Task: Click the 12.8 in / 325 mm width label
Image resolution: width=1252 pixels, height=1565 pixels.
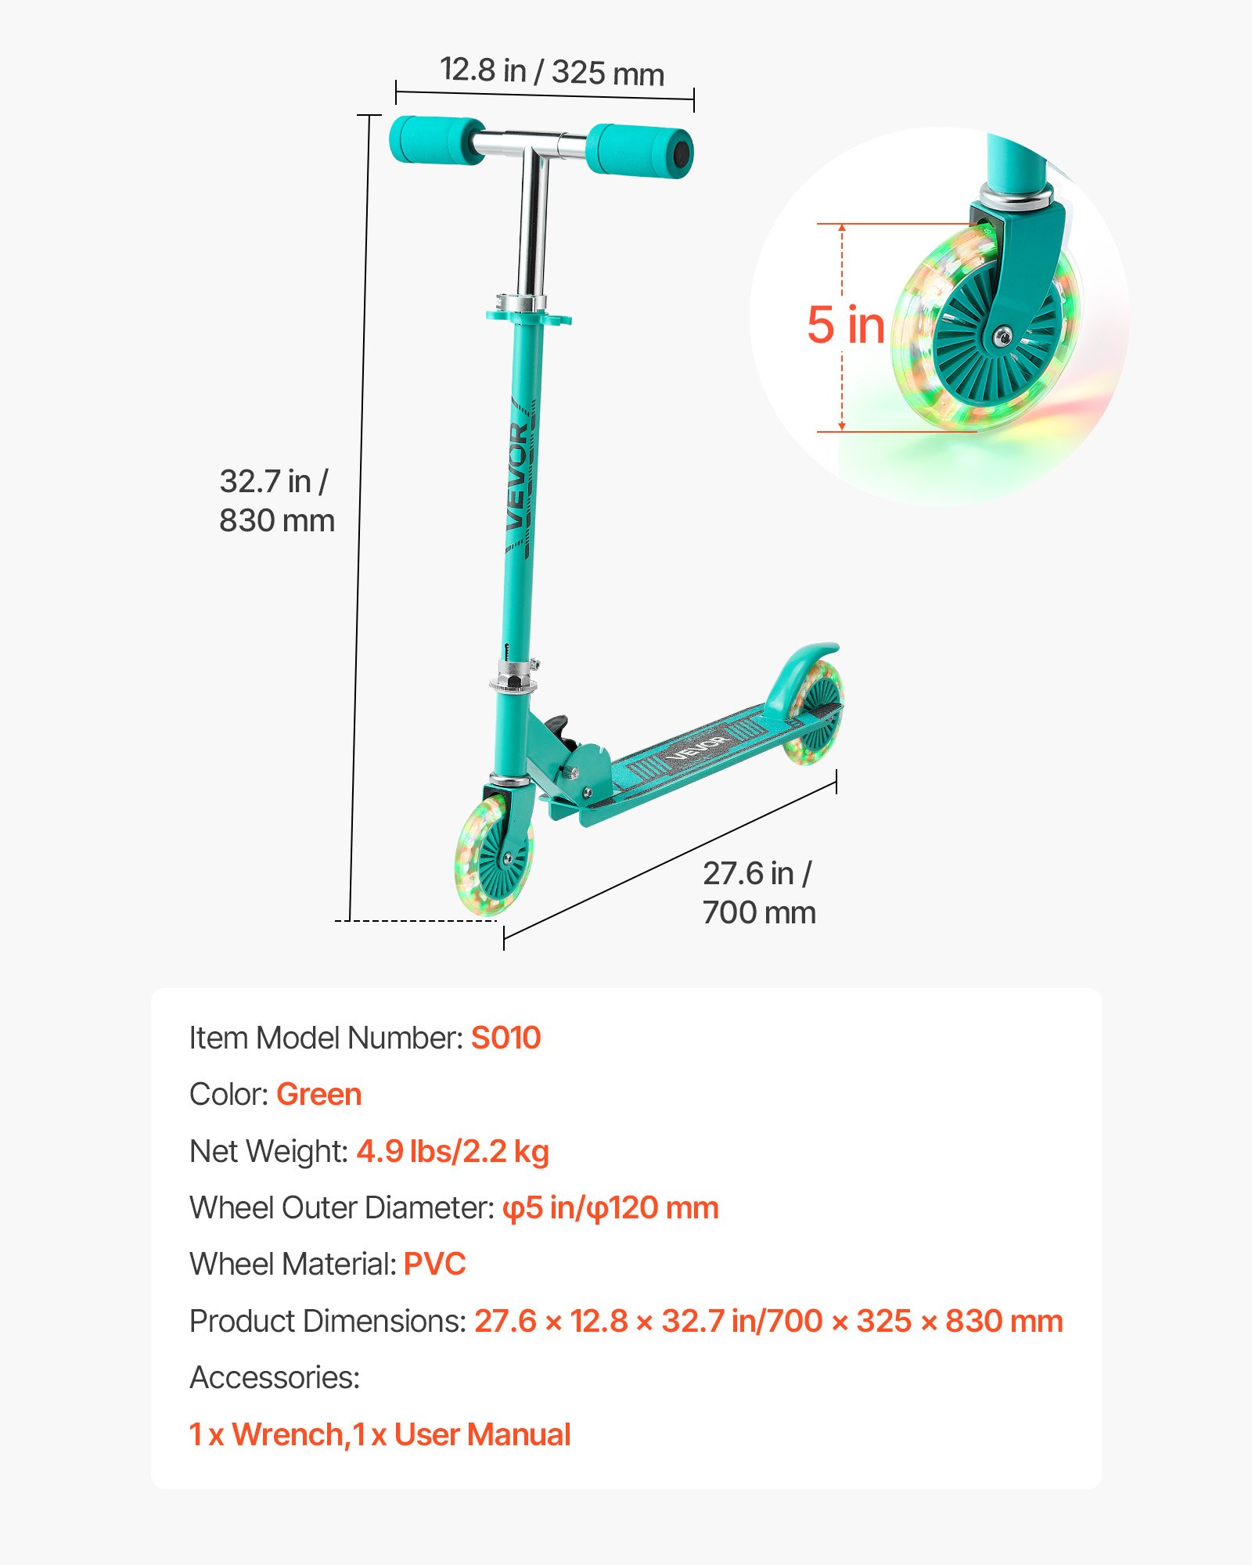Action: tap(552, 71)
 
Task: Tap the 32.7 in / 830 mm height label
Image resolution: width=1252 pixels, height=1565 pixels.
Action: tap(276, 501)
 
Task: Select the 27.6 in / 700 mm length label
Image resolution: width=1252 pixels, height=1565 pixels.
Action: tap(758, 893)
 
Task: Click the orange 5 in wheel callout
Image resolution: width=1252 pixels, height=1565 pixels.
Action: tap(846, 325)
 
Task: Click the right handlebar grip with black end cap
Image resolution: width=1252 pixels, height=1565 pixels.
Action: tap(640, 150)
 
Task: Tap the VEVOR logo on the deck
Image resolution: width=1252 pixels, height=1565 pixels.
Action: tap(699, 747)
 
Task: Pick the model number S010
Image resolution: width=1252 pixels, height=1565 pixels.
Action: tap(505, 1038)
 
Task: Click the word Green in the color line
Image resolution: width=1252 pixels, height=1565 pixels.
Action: tap(318, 1095)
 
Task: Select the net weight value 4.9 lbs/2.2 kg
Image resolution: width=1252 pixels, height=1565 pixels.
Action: tap(452, 1151)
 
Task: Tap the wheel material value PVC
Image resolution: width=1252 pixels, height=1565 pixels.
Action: tap(434, 1265)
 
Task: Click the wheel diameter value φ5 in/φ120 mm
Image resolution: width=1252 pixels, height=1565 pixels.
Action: tap(610, 1208)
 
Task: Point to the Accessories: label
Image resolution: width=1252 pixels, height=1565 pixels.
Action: tap(275, 1377)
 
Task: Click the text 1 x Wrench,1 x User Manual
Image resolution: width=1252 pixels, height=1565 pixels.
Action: tap(380, 1435)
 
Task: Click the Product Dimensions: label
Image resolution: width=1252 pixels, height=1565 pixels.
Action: tap(328, 1321)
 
